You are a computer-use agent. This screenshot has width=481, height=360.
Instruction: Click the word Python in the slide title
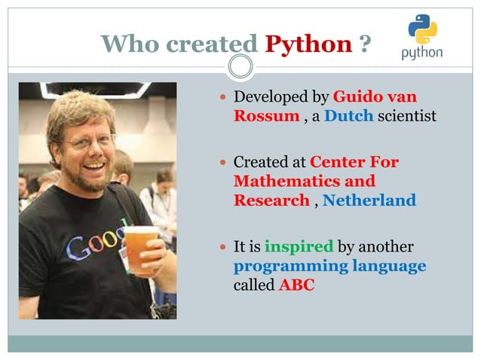coord(308,44)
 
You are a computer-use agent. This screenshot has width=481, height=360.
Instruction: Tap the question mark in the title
coord(365,44)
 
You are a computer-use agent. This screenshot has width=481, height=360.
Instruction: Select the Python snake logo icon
coord(422,29)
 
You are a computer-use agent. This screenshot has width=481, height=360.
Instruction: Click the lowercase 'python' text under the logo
coord(422,53)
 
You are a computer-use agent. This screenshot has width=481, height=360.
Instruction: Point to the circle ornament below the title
coord(240,67)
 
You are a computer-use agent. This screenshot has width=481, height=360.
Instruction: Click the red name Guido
coord(360,97)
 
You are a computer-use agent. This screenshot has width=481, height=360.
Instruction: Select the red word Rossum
coord(267,117)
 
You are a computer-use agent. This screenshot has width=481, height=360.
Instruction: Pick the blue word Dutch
coord(348,117)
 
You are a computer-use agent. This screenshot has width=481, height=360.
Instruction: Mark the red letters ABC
coord(296,285)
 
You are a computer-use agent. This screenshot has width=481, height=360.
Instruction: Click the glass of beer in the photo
coord(141,249)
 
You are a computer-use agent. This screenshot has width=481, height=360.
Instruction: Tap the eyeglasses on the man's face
coord(89,141)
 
